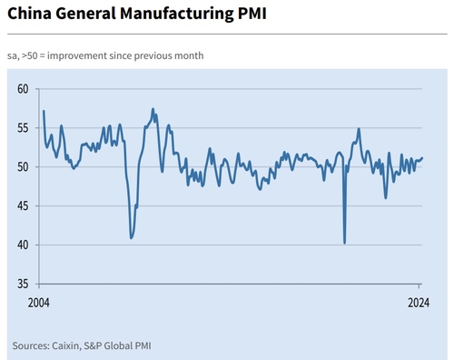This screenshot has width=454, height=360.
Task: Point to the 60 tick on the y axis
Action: point(24,89)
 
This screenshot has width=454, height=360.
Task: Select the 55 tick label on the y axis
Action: point(24,128)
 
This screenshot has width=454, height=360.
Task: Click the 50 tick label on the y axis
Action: point(24,167)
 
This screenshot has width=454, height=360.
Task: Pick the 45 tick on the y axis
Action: point(24,206)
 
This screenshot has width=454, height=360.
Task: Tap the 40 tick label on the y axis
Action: point(24,245)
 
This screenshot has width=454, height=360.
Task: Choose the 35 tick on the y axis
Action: point(24,285)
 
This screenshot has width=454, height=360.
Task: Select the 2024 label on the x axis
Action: point(419,302)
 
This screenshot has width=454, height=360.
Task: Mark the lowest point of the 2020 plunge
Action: point(344,243)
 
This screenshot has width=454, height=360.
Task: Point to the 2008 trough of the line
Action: point(132,238)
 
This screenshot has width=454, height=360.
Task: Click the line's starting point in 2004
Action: point(44,111)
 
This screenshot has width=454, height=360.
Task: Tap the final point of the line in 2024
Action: point(422,158)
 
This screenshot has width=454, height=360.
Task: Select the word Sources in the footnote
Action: point(32,345)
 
